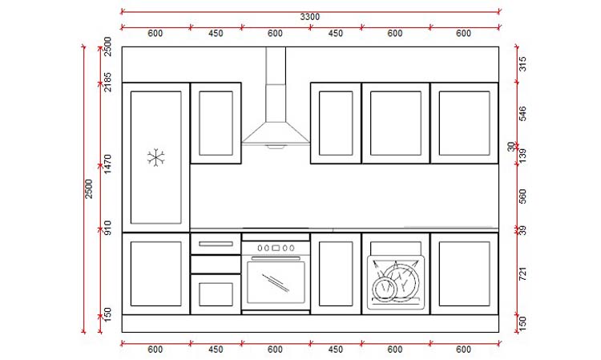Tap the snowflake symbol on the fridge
(155, 157)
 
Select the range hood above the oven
(276, 132)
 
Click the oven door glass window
(276, 281)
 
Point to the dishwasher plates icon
(395, 281)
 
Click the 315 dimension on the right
(522, 65)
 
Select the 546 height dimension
(522, 113)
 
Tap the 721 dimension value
(522, 274)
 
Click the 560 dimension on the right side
(522, 196)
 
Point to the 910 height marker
(107, 233)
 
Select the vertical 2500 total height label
(89, 189)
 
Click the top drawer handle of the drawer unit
(215, 244)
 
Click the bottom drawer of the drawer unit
(215, 293)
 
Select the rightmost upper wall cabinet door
(464, 123)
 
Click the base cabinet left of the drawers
(155, 273)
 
